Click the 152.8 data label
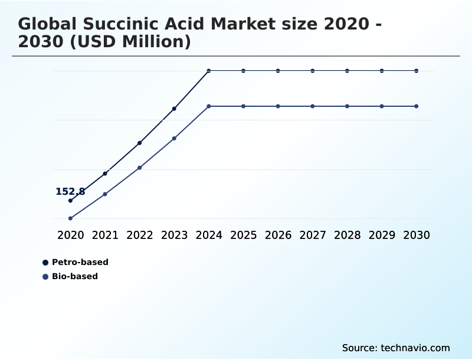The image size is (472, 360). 70,192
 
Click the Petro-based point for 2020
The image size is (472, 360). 70,201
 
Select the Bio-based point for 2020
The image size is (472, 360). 70,218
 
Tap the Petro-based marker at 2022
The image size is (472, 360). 140,143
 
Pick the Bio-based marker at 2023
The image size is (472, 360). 174,138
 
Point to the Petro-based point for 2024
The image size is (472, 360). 209,71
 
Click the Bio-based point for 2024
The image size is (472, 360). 209,106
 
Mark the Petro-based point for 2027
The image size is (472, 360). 313,71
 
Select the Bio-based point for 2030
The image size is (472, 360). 417,106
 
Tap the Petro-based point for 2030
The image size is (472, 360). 417,71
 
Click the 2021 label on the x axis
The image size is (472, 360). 105,235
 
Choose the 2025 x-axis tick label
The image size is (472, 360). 244,235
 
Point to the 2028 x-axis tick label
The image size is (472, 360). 348,235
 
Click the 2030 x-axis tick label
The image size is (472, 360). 417,235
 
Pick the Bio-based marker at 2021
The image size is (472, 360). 105,194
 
